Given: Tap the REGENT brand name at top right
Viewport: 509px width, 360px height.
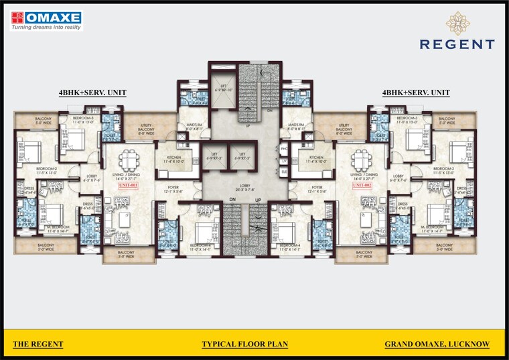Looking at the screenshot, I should (x=457, y=45).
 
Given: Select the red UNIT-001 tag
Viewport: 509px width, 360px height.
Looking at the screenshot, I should (x=127, y=187).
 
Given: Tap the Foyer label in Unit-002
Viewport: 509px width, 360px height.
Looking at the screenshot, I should (x=317, y=190).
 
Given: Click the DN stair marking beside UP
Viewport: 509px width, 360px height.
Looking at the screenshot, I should (x=232, y=200).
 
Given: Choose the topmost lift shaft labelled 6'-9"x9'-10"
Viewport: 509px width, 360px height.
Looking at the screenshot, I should (x=222, y=87).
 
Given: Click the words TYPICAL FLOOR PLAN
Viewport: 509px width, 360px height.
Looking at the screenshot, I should (x=244, y=345).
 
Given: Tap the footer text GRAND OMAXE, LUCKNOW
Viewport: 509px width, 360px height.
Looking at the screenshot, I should (x=437, y=345).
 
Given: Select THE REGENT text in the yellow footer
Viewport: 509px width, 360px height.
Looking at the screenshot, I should (x=38, y=345).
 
